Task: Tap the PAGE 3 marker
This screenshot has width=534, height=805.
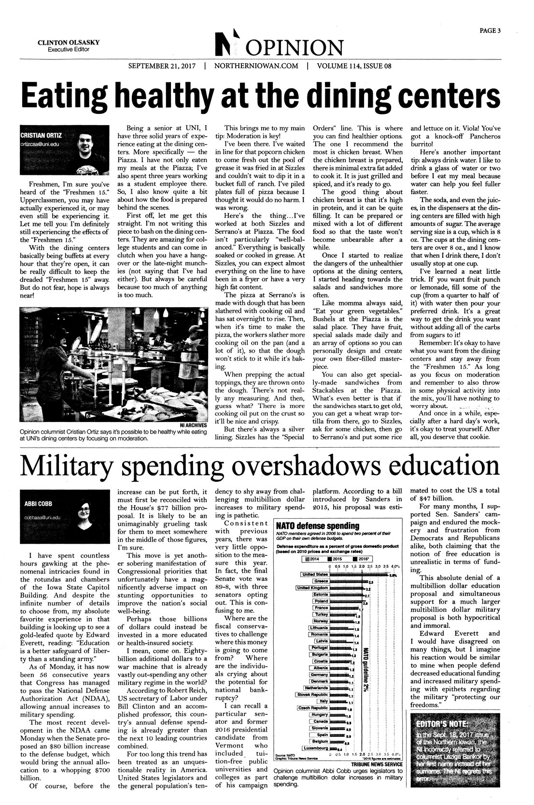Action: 490,30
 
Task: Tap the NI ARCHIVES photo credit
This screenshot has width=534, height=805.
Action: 193,424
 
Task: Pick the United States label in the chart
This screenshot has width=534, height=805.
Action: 314,574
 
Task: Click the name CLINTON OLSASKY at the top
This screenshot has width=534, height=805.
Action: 69,42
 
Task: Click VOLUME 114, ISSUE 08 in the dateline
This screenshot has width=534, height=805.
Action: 353,66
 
